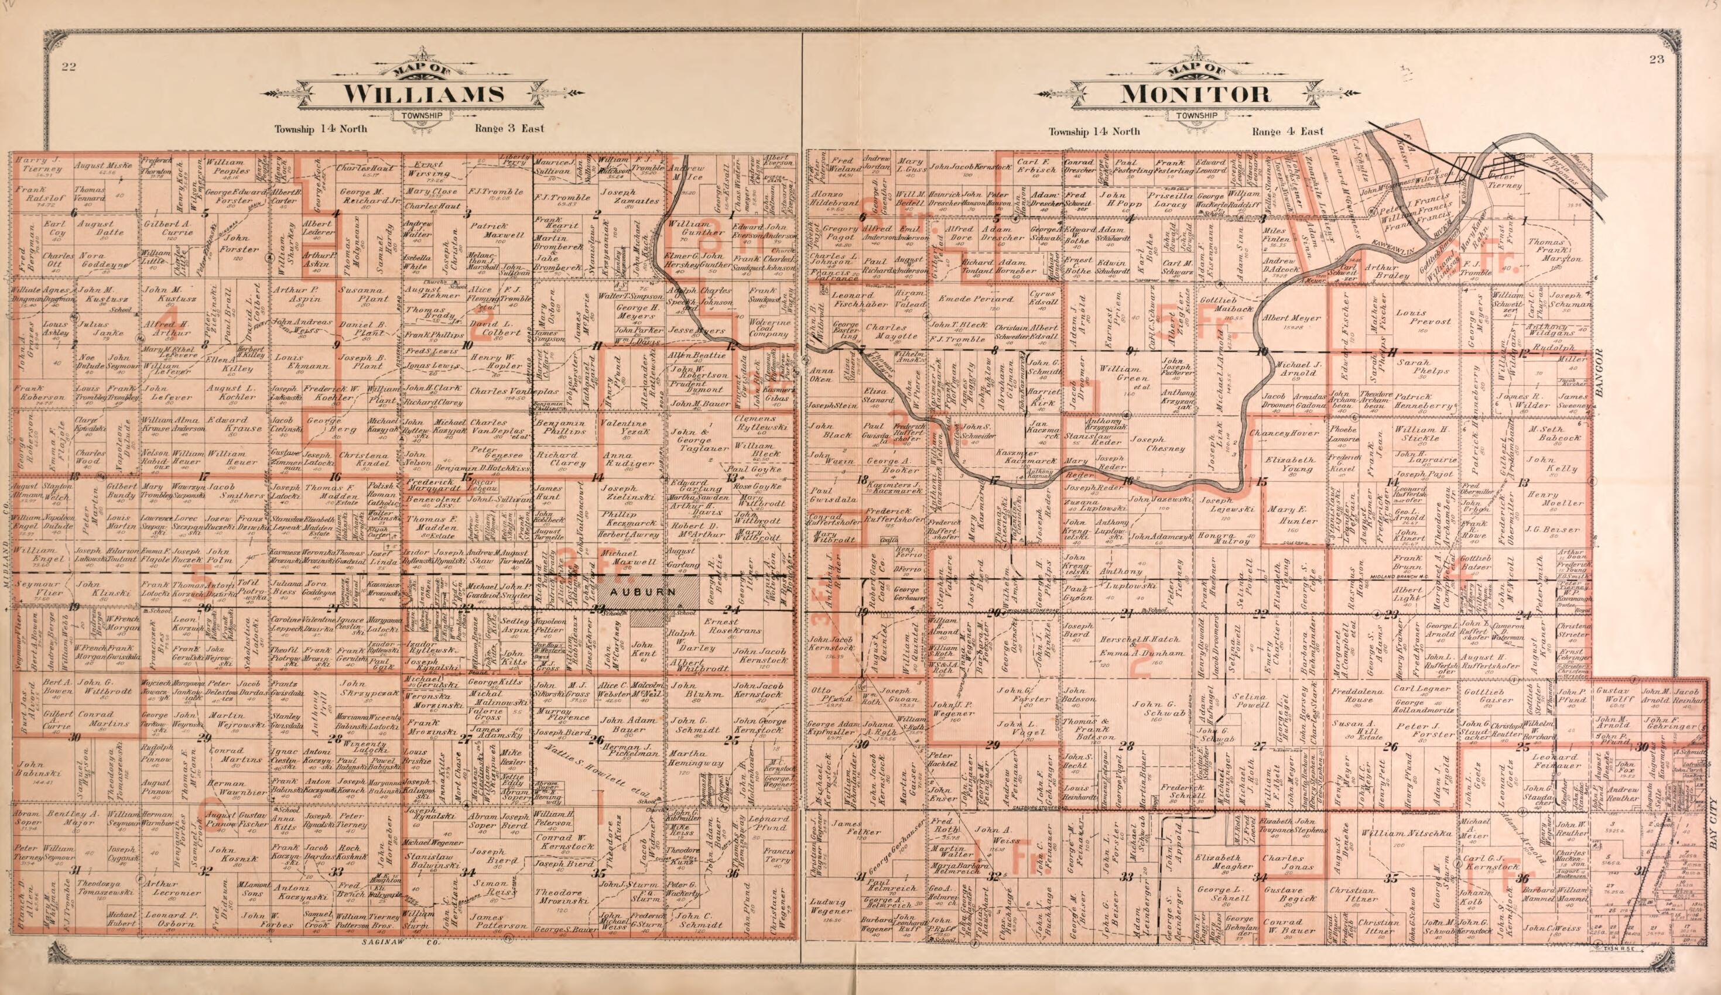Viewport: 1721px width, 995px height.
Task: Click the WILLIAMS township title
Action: (x=423, y=94)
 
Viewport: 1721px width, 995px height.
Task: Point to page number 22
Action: (x=67, y=66)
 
